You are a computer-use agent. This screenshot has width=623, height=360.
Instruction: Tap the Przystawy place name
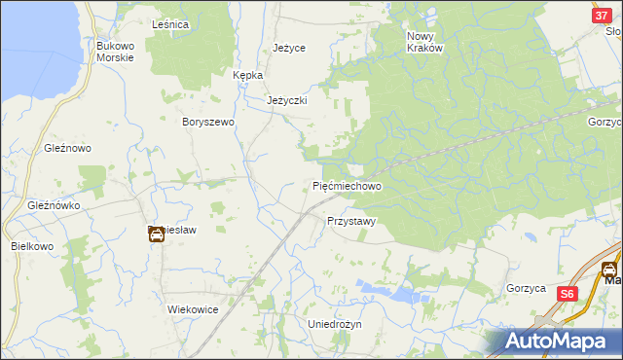coord(350,221)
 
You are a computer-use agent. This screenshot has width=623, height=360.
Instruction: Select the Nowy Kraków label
coord(424,41)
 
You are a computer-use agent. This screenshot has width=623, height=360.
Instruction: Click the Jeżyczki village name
coord(287,100)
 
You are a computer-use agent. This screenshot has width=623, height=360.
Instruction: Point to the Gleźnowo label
coord(67,148)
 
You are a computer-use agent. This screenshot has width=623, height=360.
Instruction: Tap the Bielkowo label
coord(32,246)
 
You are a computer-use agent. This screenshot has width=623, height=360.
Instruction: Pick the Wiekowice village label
coord(193,308)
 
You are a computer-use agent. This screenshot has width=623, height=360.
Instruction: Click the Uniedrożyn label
coord(334,323)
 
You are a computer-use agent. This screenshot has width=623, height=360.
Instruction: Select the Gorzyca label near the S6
coord(526,288)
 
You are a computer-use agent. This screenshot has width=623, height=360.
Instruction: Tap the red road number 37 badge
coord(602,17)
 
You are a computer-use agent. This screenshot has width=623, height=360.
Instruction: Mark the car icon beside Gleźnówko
coord(156,234)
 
